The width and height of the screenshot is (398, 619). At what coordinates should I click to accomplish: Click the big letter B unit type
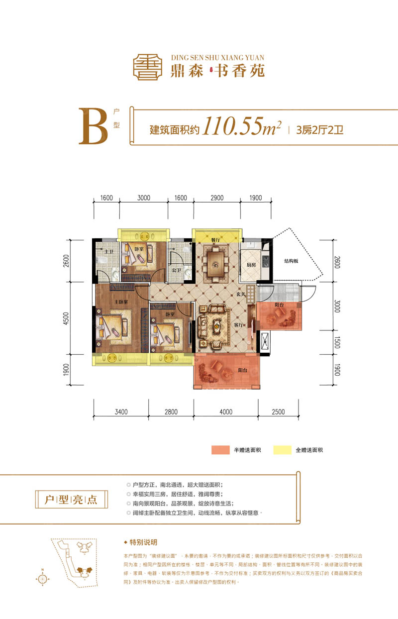pyautogui.click(x=93, y=127)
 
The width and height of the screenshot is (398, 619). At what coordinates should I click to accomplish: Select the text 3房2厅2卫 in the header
pyautogui.click(x=320, y=131)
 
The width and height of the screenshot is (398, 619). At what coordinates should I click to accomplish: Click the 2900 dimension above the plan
pyautogui.click(x=216, y=198)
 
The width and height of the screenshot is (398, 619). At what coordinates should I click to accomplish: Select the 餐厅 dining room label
pyautogui.click(x=215, y=240)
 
